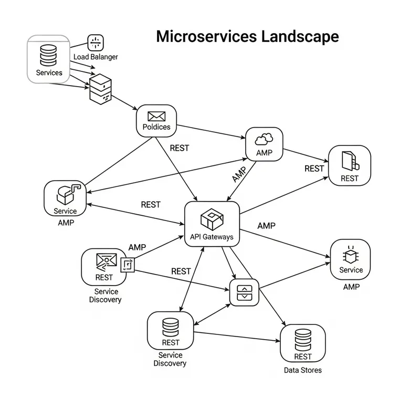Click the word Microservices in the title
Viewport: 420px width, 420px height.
click(206, 37)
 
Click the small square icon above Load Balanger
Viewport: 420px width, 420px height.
click(96, 43)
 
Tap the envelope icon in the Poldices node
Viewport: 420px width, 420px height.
click(156, 117)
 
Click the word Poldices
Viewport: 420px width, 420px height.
click(156, 127)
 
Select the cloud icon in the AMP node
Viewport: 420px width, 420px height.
click(264, 139)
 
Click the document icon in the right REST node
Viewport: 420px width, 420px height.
click(349, 160)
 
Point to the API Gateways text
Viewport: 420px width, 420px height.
click(212, 237)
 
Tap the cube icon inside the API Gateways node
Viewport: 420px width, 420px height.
click(212, 219)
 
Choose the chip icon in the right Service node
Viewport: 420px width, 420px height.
click(350, 256)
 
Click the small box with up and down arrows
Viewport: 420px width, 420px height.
click(245, 293)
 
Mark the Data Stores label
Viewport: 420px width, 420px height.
click(303, 370)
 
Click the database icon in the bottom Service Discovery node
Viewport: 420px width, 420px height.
click(171, 327)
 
